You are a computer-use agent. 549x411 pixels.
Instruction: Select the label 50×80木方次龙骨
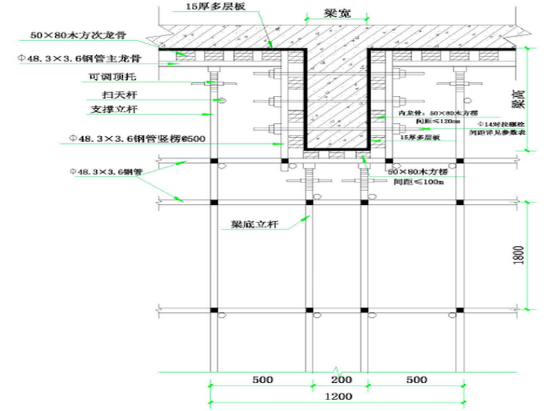coord(82,34)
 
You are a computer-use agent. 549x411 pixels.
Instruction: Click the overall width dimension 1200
coord(338,397)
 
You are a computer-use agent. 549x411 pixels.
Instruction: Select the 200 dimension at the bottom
coord(341,380)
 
